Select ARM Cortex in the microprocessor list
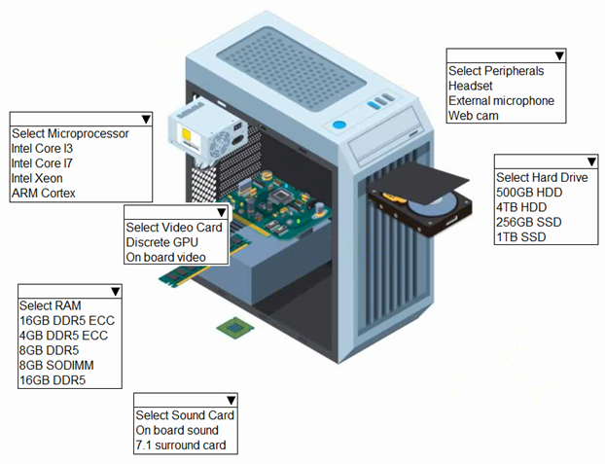pyautogui.click(x=43, y=193)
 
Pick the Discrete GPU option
pyautogui.click(x=160, y=242)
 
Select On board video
pyautogui.click(x=164, y=257)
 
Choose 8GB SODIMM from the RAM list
pyautogui.click(x=55, y=365)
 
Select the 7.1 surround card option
pyautogui.click(x=180, y=446)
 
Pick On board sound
pyautogui.click(x=177, y=430)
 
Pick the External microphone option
pyautogui.click(x=501, y=101)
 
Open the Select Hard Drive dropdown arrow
pyautogui.click(x=589, y=162)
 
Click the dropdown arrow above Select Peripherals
pyautogui.click(x=559, y=56)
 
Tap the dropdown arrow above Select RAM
pyautogui.click(x=114, y=291)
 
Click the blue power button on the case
pyautogui.click(x=338, y=125)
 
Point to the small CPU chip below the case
pyautogui.click(x=230, y=328)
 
